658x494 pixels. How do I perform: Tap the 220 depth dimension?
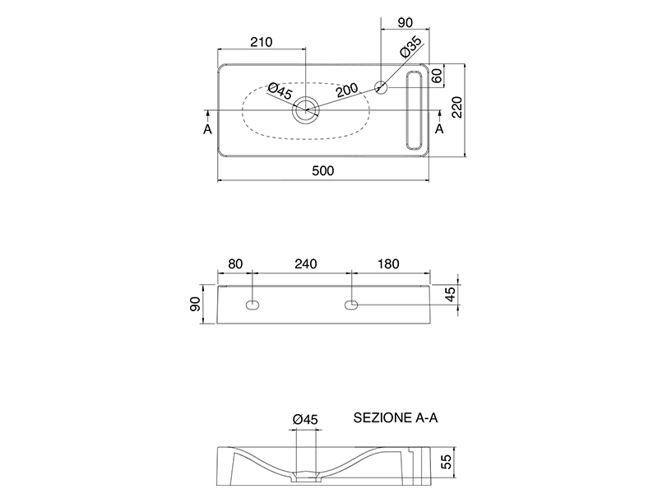[x=457, y=109]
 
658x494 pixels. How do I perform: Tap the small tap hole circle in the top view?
[x=382, y=86]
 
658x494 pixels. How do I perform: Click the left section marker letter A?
[x=207, y=129]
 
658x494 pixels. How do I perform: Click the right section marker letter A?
[x=439, y=129]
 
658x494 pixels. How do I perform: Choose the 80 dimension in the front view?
[x=235, y=264]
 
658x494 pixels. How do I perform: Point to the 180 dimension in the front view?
[x=387, y=264]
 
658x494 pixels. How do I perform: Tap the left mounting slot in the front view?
[x=253, y=306]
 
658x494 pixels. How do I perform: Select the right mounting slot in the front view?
[x=352, y=306]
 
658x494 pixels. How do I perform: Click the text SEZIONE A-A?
[x=396, y=417]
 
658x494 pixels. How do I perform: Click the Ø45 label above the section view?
[x=304, y=419]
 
